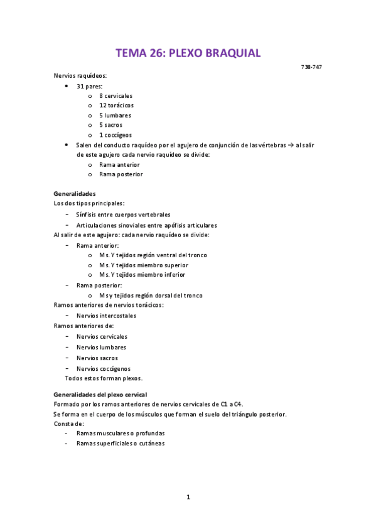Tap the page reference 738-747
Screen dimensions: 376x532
click(x=313, y=67)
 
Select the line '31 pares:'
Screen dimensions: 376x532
click(x=90, y=85)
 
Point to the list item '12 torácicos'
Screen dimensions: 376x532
click(x=116, y=105)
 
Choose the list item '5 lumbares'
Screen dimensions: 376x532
click(x=115, y=115)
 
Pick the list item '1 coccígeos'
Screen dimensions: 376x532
click(x=115, y=135)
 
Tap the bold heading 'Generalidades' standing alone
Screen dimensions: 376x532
click(x=75, y=194)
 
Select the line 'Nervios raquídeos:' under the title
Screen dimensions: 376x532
click(x=80, y=75)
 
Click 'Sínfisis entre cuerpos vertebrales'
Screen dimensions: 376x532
click(x=123, y=215)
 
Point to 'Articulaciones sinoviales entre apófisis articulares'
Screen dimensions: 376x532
click(x=146, y=225)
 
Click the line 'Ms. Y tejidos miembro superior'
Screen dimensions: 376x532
click(x=143, y=265)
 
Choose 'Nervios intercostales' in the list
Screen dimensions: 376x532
click(x=106, y=316)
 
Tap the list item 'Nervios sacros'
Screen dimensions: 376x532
click(x=97, y=358)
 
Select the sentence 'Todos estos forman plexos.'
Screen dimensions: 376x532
click(x=104, y=378)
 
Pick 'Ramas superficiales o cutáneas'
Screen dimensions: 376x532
click(x=120, y=444)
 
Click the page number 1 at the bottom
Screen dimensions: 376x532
click(x=188, y=497)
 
